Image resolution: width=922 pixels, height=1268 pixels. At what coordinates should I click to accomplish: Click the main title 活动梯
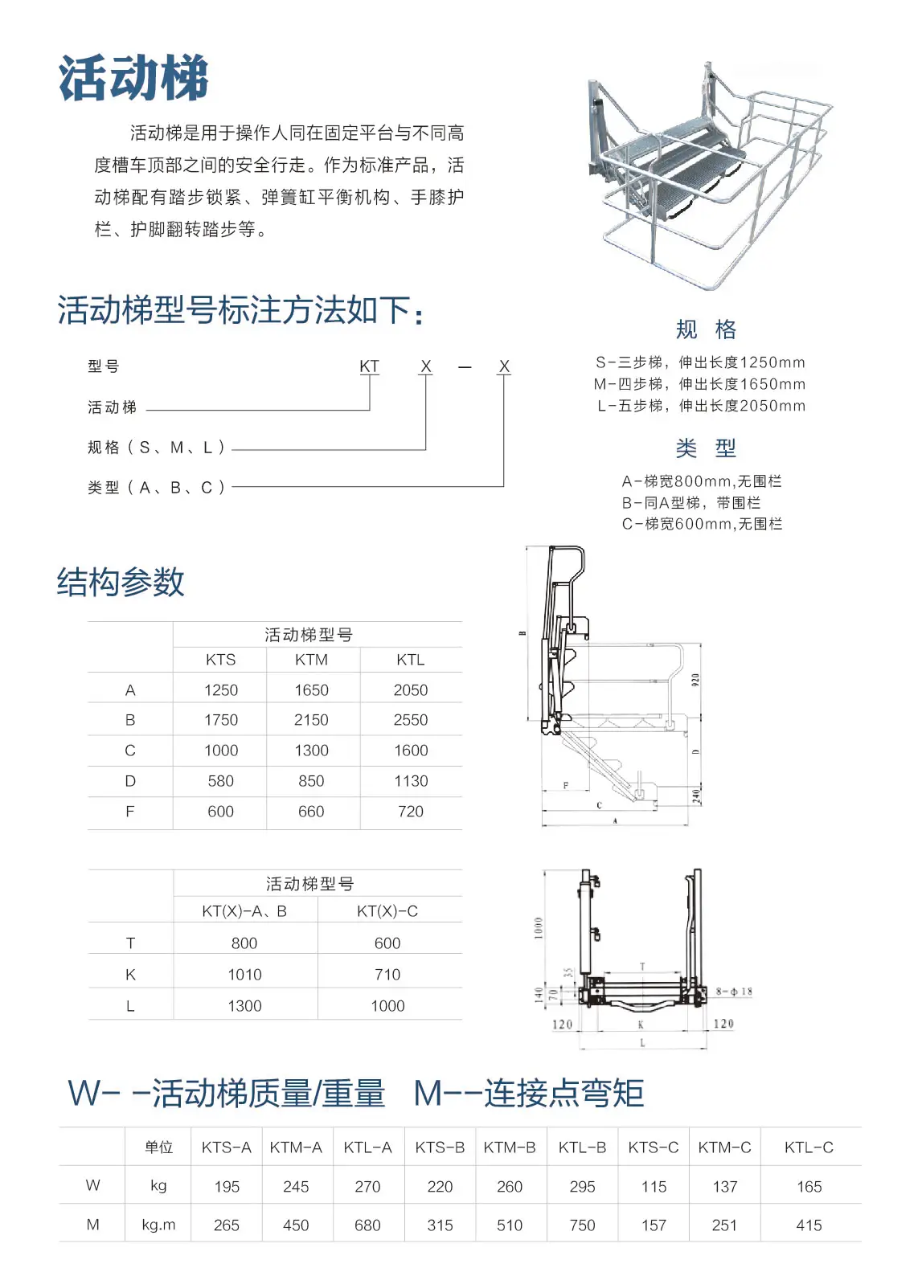tap(133, 78)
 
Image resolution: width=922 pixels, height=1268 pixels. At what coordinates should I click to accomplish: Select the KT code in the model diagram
tap(369, 366)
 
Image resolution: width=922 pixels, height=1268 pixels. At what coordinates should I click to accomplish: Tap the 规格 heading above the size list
tap(705, 329)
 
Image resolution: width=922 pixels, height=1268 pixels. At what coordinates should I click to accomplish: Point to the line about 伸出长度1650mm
tap(699, 384)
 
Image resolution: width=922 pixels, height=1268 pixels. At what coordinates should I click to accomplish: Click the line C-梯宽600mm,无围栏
tap(702, 524)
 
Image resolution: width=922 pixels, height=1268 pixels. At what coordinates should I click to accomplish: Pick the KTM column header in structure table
tap(311, 660)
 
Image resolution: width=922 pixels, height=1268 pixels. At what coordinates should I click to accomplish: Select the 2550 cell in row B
tap(411, 719)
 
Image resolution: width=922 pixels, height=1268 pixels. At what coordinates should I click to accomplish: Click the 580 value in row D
tap(220, 780)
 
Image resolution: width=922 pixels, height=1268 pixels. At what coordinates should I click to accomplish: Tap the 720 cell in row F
tap(411, 811)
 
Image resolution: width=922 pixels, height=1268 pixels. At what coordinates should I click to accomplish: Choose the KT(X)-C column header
tap(387, 910)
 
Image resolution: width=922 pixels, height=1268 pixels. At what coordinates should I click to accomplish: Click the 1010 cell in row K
tap(244, 974)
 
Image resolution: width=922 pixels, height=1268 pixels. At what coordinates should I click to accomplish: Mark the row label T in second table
tap(130, 943)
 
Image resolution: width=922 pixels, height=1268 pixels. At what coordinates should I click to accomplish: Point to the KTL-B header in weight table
tap(582, 1147)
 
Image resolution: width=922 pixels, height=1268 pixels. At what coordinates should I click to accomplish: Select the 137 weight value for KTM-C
tap(725, 1186)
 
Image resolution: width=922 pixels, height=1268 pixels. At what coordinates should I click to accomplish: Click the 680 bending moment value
tap(367, 1225)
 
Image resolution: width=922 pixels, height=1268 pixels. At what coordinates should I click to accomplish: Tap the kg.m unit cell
tap(158, 1225)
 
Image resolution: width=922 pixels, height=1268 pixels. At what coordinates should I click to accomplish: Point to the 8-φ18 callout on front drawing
tap(734, 992)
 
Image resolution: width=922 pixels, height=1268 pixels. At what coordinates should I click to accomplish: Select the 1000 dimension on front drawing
tap(538, 928)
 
